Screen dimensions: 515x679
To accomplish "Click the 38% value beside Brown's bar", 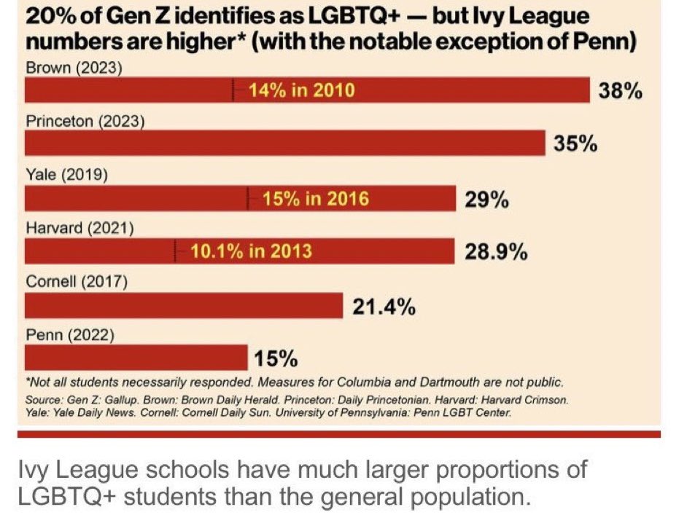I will tap(620, 91).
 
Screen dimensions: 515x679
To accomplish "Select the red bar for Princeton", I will tap(284, 144).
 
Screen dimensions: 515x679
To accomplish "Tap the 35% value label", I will tap(575, 144).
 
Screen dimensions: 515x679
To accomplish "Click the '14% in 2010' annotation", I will tap(301, 91).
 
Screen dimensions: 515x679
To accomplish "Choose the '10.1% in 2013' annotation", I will tap(251, 251).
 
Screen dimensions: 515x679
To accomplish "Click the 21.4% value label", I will tap(384, 307).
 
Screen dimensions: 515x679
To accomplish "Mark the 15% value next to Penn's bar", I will tap(276, 360).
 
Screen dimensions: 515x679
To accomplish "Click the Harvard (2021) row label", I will tap(79, 228).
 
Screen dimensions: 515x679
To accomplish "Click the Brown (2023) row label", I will tap(74, 68).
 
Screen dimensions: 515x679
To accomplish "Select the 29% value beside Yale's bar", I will tap(486, 199).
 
